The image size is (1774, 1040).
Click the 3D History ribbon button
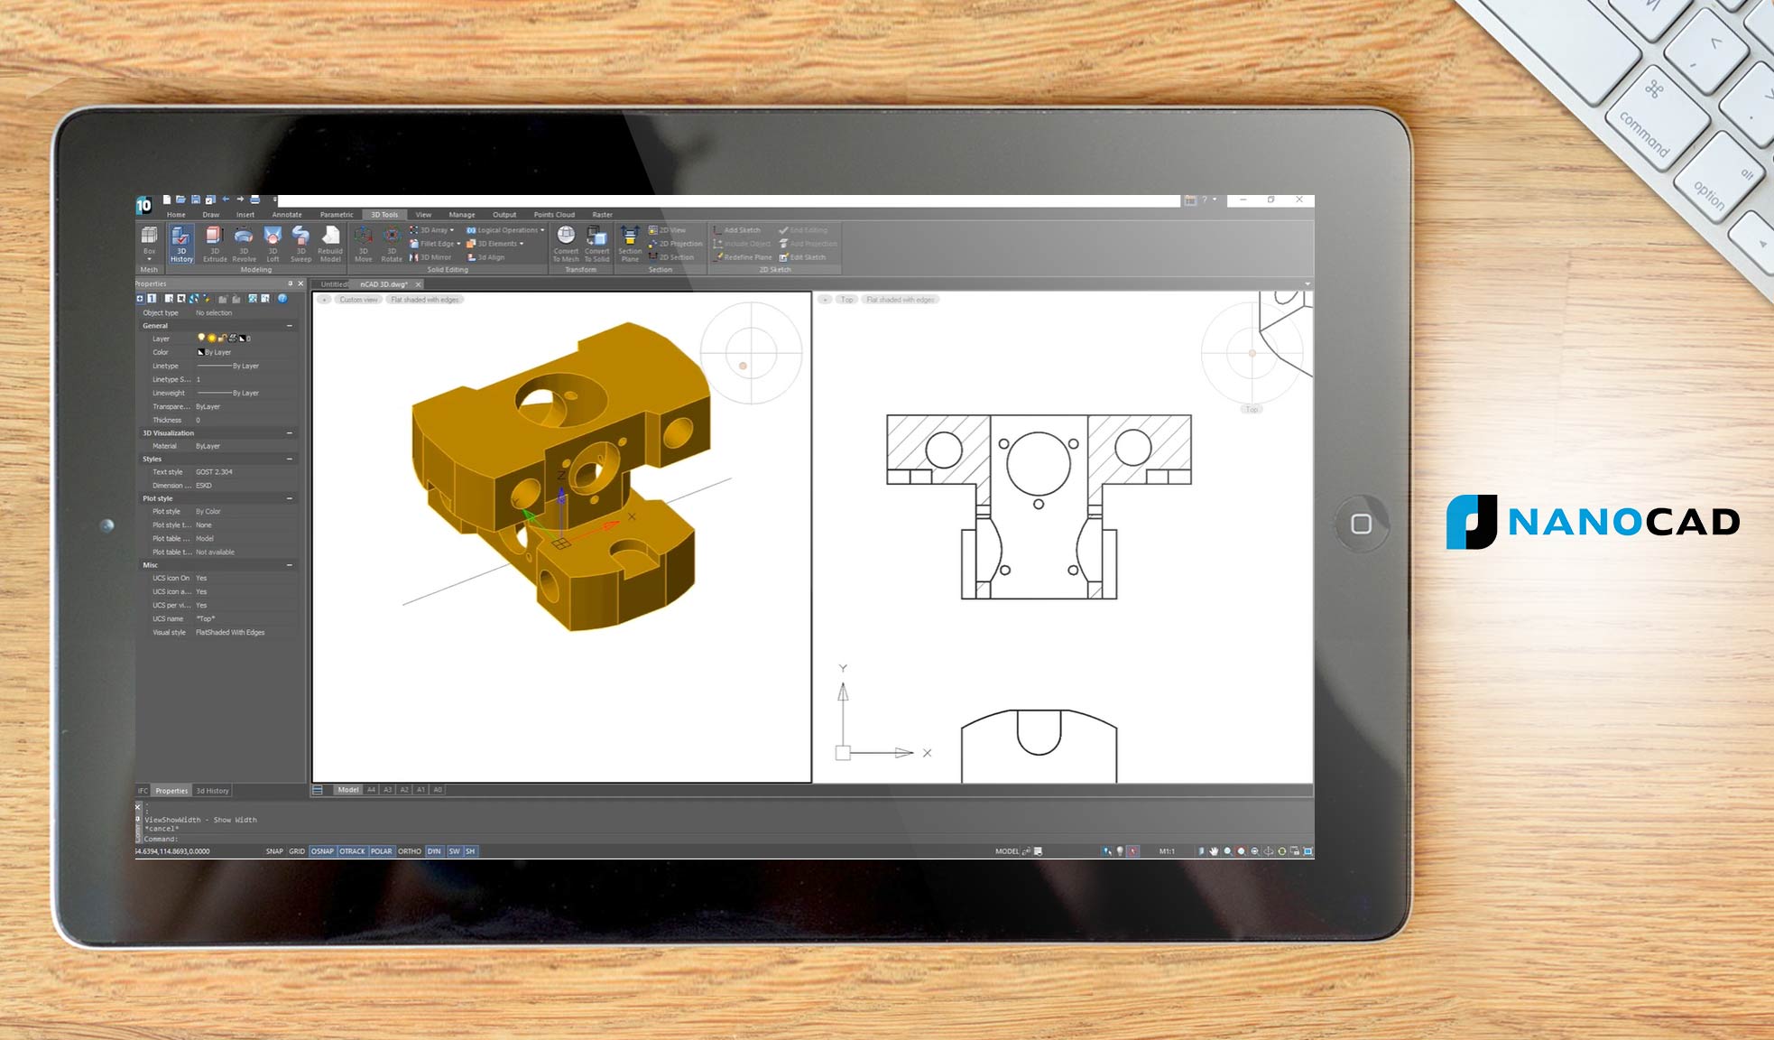181,244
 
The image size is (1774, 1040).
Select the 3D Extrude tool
215,244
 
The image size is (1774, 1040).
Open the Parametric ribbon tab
337,215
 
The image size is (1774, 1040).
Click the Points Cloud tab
554,215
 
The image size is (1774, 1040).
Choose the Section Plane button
630,244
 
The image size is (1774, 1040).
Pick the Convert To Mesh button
566,244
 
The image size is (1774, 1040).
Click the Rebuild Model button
330,244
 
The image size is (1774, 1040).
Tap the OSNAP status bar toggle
322,851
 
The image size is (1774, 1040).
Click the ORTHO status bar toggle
410,851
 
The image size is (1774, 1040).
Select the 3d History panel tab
213,791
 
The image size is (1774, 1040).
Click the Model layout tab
348,790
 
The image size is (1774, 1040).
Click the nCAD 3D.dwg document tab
383,284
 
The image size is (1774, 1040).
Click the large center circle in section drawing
1039,463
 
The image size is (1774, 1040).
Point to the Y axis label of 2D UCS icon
843,669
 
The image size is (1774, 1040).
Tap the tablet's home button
1361,524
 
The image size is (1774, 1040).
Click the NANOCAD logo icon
1472,522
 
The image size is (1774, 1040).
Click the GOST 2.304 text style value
214,472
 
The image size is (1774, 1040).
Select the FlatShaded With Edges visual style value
230,633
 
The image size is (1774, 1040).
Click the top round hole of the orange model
550,398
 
